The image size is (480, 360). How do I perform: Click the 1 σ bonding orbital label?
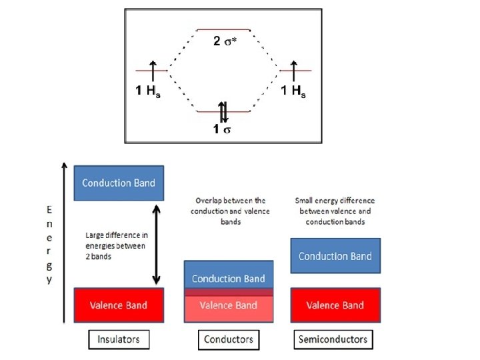222,129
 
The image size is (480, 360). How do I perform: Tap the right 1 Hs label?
293,91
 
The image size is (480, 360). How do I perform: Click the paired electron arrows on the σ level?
224,111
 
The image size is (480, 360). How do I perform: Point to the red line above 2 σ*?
223,30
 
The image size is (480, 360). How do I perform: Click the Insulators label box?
119,339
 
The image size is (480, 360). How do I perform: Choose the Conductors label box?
227,339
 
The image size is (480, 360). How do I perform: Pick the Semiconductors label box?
333,339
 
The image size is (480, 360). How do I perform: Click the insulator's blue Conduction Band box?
119,183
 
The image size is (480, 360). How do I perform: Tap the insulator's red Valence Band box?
119,305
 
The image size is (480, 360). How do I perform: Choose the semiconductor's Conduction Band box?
335,256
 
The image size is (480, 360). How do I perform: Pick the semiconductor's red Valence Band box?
335,305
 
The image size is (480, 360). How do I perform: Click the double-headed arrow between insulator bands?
156,244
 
